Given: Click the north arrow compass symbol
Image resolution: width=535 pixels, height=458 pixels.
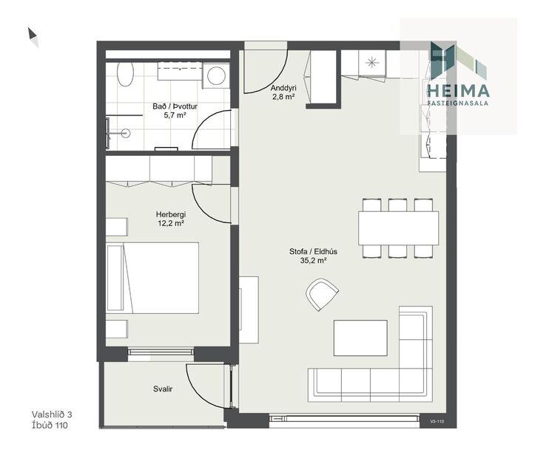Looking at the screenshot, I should tap(33, 37).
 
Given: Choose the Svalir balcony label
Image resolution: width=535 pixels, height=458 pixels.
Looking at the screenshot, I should tap(163, 389).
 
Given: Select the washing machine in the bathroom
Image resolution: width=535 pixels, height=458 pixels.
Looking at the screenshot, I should tap(216, 75).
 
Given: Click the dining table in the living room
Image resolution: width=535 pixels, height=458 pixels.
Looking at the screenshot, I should tap(398, 228).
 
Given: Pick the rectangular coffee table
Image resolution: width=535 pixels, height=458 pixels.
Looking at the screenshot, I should tap(360, 338).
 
